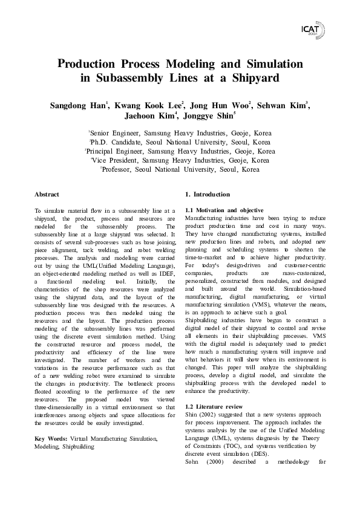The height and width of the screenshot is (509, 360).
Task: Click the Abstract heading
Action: (47, 195)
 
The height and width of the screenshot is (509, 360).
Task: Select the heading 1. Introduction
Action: (208, 195)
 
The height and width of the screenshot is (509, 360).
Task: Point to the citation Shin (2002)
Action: (201, 415)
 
